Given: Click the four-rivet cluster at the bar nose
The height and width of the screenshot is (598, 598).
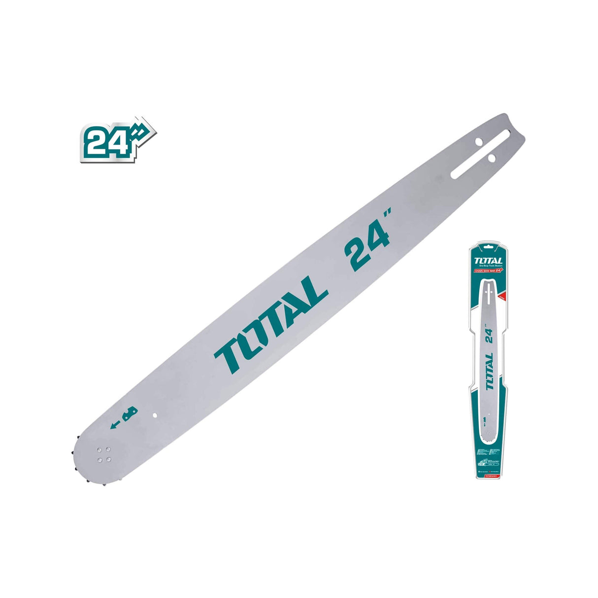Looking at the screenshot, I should [104, 454].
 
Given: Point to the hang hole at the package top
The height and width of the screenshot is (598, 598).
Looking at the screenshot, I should [488, 247].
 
